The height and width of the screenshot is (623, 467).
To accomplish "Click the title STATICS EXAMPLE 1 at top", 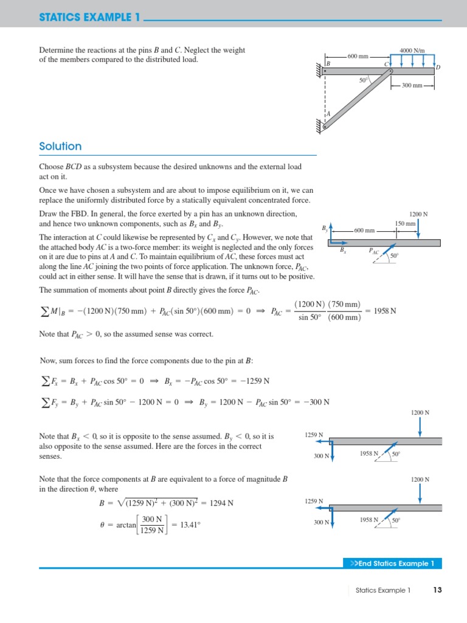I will click(89, 18).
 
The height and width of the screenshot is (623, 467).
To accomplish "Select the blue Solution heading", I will click(60, 146).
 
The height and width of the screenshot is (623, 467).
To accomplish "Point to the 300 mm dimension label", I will click(412, 86).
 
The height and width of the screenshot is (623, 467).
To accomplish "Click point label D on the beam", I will click(438, 67).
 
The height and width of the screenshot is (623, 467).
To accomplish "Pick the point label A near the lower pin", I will click(328, 114).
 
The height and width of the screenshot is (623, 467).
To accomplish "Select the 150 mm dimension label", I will click(405, 224).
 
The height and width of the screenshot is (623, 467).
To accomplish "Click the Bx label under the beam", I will click(343, 250).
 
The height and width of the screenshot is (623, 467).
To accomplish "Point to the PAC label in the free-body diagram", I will click(373, 251).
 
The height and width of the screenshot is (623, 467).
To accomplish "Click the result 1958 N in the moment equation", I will click(384, 311).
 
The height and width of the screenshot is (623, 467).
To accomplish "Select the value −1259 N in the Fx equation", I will click(255, 381).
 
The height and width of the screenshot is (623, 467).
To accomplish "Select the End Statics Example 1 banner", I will click(392, 563).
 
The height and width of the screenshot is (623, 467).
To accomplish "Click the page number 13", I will click(437, 590).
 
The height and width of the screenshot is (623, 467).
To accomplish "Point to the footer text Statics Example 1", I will click(383, 590).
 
